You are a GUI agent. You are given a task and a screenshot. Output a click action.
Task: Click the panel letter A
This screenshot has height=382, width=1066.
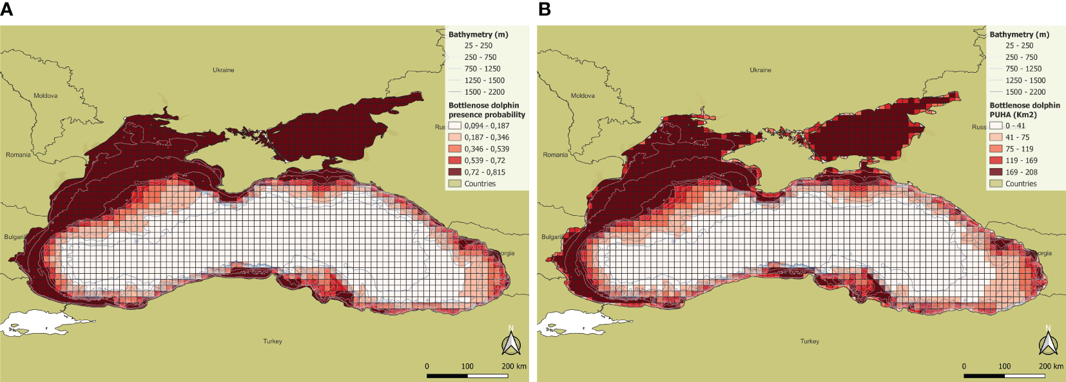6,10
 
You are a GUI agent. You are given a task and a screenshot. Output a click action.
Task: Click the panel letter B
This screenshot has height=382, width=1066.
545,10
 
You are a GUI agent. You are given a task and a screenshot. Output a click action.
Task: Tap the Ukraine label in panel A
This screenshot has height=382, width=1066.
224,70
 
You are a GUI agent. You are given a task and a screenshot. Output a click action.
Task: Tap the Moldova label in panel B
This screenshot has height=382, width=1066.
583,95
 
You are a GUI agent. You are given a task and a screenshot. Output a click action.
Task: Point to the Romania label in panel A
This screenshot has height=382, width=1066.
18,155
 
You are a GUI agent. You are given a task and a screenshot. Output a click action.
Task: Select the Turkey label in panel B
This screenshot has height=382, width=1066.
809,341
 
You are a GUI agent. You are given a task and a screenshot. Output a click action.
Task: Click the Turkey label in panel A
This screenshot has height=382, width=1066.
273,341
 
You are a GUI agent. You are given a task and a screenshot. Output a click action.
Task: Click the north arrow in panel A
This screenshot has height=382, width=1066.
511,343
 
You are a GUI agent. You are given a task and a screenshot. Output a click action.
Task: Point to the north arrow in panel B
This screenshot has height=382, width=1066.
1048,343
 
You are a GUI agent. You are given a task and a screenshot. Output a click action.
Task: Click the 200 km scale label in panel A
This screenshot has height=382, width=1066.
514,366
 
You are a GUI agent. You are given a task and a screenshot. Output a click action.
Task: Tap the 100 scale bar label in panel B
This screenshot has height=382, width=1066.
1004,366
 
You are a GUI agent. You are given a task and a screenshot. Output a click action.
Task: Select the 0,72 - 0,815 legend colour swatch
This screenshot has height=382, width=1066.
455,172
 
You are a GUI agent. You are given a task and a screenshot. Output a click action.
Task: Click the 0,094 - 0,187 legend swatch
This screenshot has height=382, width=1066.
455,126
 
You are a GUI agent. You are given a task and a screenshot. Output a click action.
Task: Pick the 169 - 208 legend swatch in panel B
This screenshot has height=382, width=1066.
996,172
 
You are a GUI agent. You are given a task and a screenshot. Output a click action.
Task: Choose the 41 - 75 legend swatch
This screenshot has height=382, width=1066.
996,137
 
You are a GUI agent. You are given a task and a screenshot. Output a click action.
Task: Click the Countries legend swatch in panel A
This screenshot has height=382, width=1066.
455,184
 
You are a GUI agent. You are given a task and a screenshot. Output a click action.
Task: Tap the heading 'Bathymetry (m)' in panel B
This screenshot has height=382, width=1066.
1019,34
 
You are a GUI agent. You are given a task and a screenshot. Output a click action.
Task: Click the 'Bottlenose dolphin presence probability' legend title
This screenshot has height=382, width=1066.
487,110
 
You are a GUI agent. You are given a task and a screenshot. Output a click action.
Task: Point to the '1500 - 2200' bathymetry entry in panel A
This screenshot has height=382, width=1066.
484,92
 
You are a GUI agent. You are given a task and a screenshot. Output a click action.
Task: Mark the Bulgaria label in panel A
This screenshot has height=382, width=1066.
14,237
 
